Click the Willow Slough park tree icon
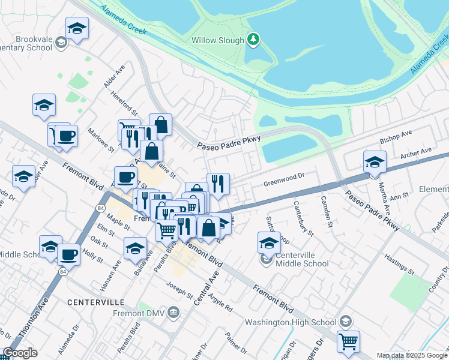(x=254, y=40)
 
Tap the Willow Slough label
(x=218, y=40)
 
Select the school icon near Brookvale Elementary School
(x=77, y=28)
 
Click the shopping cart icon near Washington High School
(x=348, y=341)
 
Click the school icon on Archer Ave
(x=374, y=162)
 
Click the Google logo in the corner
(x=20, y=353)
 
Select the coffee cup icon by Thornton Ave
(x=68, y=254)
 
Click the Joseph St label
(x=180, y=291)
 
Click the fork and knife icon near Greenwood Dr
(x=217, y=184)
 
